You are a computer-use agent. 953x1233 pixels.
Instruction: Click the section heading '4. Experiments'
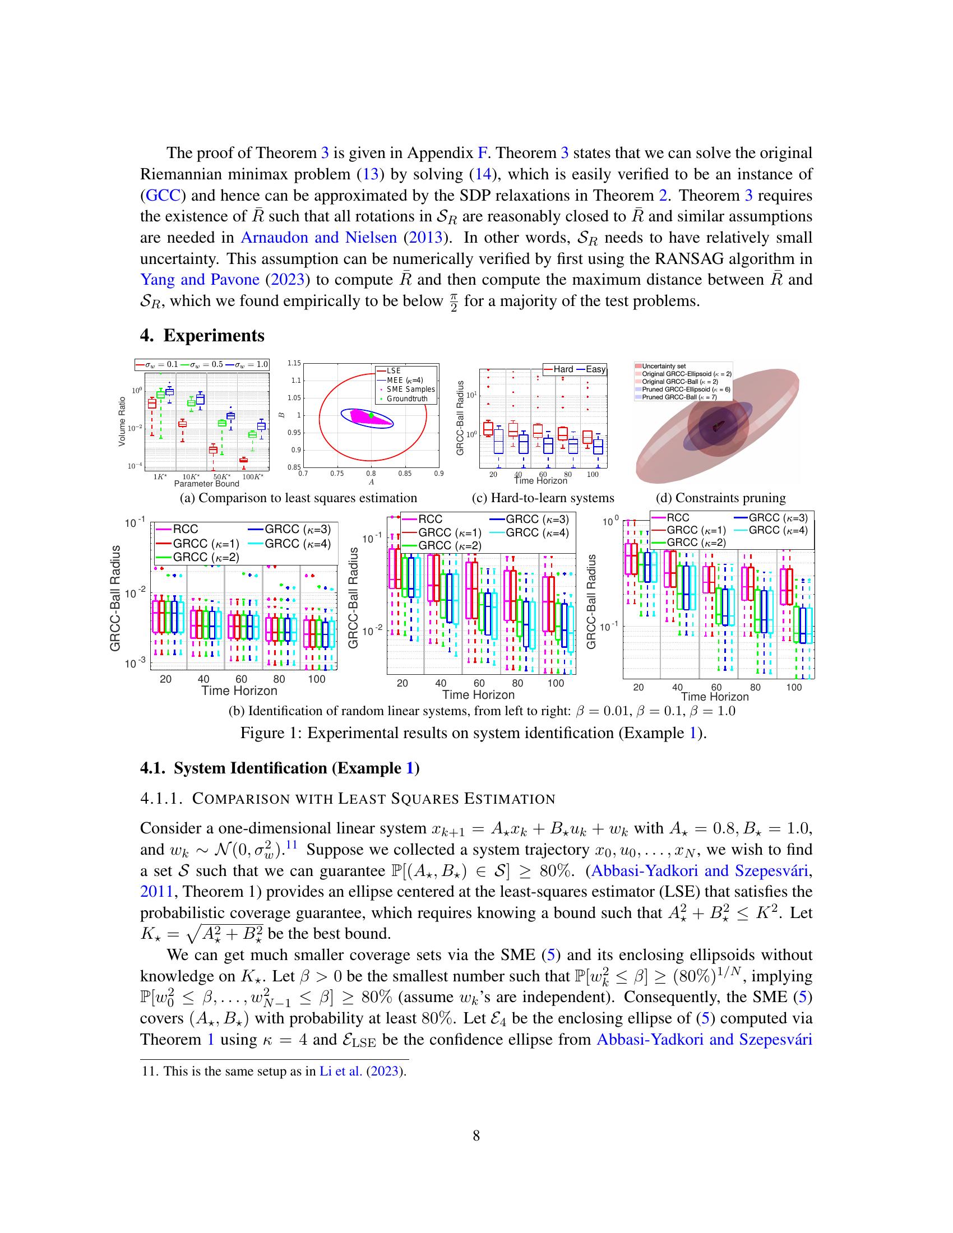202,335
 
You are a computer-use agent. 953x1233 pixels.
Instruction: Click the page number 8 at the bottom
476,1135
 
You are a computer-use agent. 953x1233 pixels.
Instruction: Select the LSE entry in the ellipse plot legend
394,371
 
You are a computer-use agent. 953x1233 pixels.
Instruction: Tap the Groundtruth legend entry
407,398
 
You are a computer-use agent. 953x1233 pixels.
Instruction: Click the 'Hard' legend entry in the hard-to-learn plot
563,369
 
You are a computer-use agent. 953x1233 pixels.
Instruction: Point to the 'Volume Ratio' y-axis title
122,421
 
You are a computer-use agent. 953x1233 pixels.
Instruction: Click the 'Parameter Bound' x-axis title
207,484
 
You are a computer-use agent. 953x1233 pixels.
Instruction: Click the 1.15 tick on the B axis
294,363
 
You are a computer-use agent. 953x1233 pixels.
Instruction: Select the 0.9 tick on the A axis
439,474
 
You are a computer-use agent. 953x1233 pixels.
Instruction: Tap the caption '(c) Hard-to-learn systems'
543,498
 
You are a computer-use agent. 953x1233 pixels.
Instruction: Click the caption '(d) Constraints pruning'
721,498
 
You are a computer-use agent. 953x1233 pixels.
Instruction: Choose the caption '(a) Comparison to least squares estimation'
298,498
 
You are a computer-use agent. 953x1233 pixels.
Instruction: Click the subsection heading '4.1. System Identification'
280,768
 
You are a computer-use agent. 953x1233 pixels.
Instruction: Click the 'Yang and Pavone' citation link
200,280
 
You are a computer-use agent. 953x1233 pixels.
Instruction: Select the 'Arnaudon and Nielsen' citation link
319,238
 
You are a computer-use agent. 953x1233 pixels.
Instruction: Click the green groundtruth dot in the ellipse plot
372,415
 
